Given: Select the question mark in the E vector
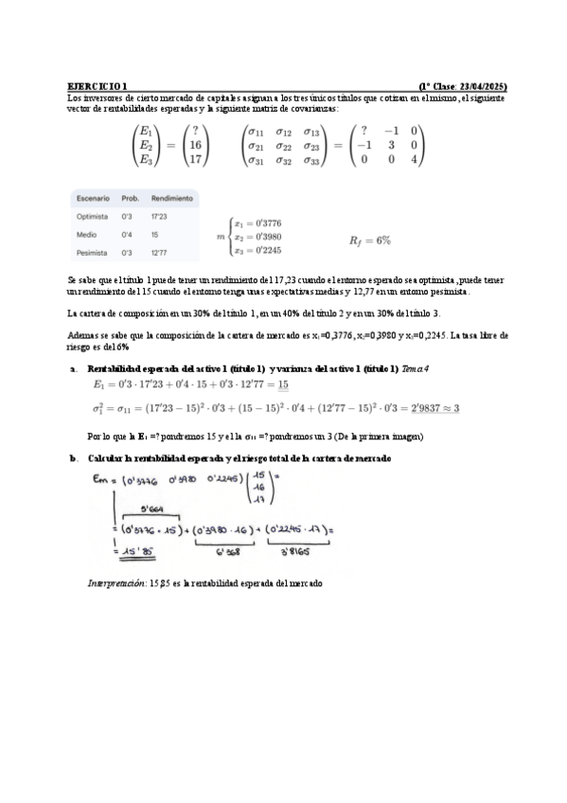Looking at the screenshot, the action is tap(195, 131).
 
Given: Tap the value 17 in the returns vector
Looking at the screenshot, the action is tap(196, 160).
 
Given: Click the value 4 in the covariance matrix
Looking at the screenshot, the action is tap(414, 160).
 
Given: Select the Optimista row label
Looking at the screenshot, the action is tap(93, 217).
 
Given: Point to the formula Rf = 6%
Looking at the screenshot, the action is tap(370, 241).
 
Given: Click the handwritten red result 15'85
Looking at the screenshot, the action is tap(129, 551).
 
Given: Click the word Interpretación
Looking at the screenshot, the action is tap(114, 584).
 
